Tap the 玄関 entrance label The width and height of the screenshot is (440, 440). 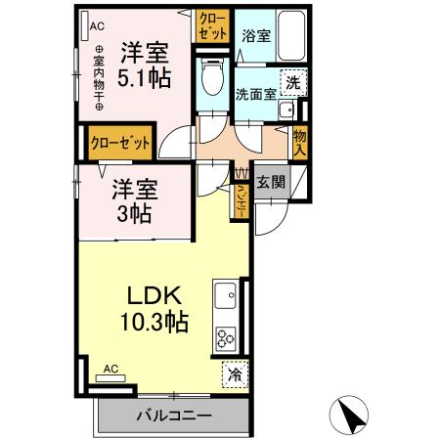(x=270, y=182)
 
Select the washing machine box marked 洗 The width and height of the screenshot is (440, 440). (x=290, y=83)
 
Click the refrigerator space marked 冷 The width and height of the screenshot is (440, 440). (x=235, y=373)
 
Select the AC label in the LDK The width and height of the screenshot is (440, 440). (x=110, y=369)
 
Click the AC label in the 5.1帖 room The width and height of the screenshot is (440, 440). (x=96, y=27)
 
